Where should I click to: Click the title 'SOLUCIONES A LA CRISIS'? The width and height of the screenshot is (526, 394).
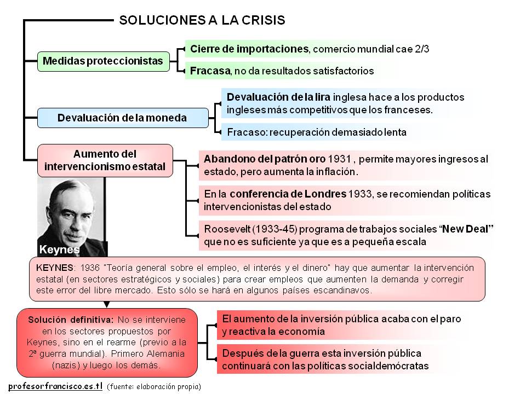click(202, 21)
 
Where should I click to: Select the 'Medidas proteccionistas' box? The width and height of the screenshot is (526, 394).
click(103, 61)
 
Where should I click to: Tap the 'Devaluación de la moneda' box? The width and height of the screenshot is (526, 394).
click(122, 118)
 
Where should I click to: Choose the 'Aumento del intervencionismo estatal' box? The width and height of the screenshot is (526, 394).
click(105, 160)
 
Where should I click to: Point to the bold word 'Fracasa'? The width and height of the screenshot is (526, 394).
click(210, 71)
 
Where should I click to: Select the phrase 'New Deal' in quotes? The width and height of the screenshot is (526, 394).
click(466, 228)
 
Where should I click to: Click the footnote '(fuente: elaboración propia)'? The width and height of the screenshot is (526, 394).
click(154, 386)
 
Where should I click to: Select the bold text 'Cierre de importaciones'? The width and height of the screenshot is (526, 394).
click(249, 49)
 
